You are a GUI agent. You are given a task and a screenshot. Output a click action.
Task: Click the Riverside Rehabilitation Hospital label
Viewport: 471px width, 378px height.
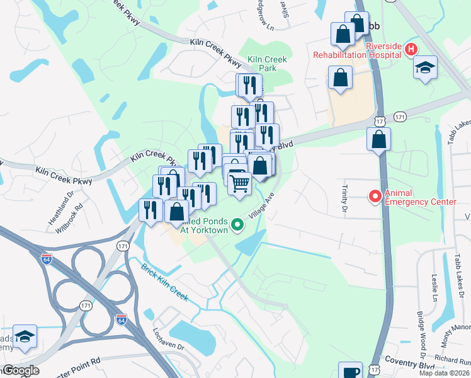tap(357, 54)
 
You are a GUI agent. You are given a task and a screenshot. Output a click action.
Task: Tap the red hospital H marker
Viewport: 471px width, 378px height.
tap(411, 49)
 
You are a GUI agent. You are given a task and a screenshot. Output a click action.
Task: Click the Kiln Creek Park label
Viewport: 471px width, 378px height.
tap(267, 64)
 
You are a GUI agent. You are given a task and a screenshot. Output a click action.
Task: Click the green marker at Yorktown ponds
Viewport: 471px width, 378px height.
tap(237, 224)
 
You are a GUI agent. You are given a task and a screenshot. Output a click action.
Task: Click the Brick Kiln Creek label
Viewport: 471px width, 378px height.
tap(165, 281)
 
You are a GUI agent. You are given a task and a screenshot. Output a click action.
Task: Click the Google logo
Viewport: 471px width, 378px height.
tap(20, 370)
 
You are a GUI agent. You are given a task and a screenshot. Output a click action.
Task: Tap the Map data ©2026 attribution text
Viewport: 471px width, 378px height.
tap(445, 373)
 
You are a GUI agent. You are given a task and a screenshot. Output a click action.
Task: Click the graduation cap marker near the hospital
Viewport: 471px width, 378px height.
tap(425, 67)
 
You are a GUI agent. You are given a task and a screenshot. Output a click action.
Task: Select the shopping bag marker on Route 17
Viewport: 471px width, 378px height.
tap(378, 140)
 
